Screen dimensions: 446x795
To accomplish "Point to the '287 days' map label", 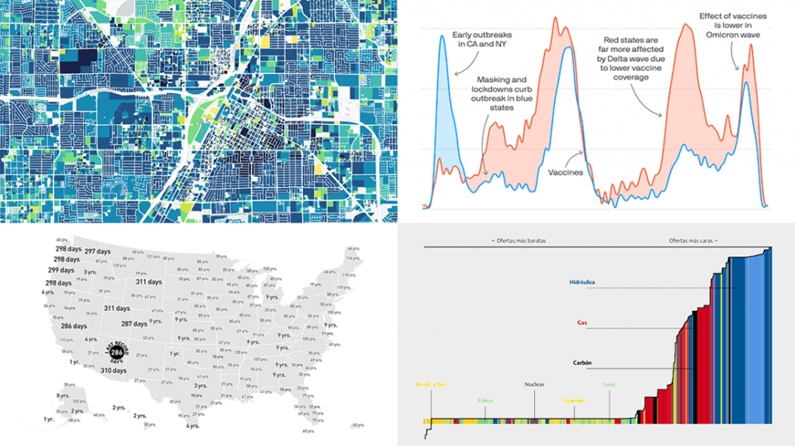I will click(134, 324).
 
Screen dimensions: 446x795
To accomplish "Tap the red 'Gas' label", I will click(581, 322).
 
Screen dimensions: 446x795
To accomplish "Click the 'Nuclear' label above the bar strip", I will click(535, 384).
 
